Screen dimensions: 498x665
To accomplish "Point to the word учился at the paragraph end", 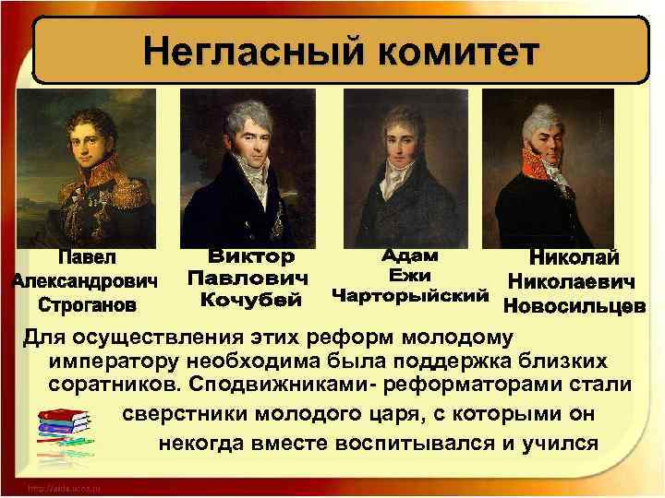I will click(560, 440).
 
